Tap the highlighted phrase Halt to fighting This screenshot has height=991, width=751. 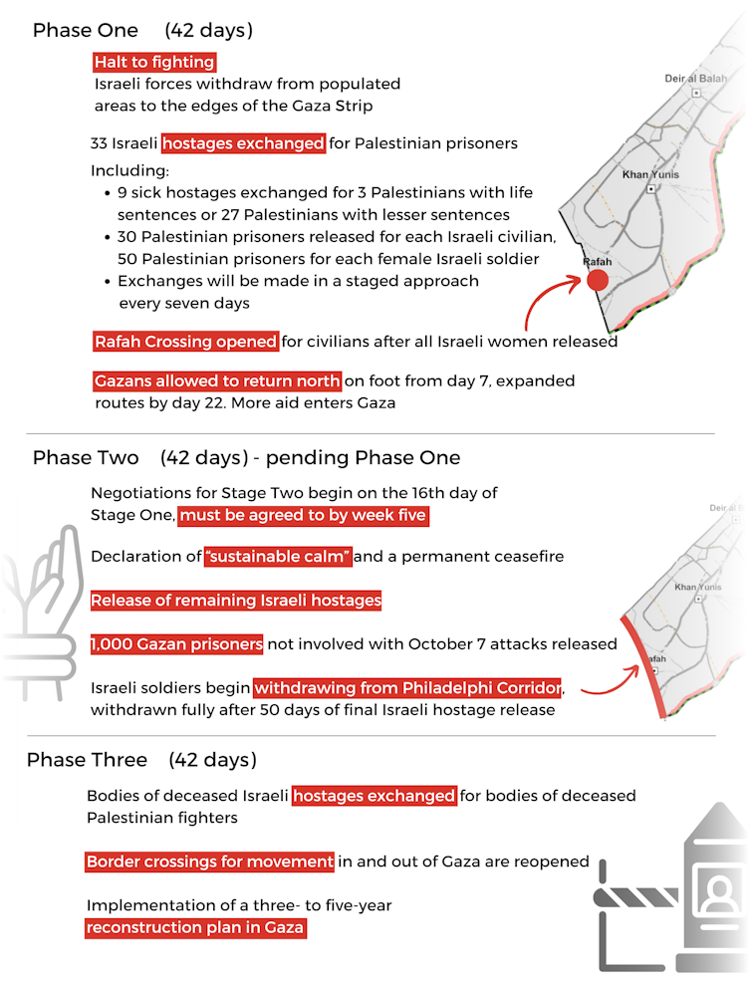154,62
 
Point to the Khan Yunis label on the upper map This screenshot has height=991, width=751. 649,174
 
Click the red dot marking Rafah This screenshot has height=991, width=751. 597,281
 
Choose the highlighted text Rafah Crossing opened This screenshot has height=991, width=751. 185,342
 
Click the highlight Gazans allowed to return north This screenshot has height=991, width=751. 217,381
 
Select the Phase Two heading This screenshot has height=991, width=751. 86,458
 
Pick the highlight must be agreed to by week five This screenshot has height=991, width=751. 304,515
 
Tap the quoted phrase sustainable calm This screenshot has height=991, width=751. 278,557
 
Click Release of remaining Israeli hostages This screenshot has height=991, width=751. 236,601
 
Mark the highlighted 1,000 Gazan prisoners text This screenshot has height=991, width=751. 177,644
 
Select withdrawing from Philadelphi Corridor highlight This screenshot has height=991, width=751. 408,688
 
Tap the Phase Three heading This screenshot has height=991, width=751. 88,760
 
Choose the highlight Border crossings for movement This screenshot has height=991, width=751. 209,862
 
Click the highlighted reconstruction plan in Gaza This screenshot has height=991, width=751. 195,927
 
